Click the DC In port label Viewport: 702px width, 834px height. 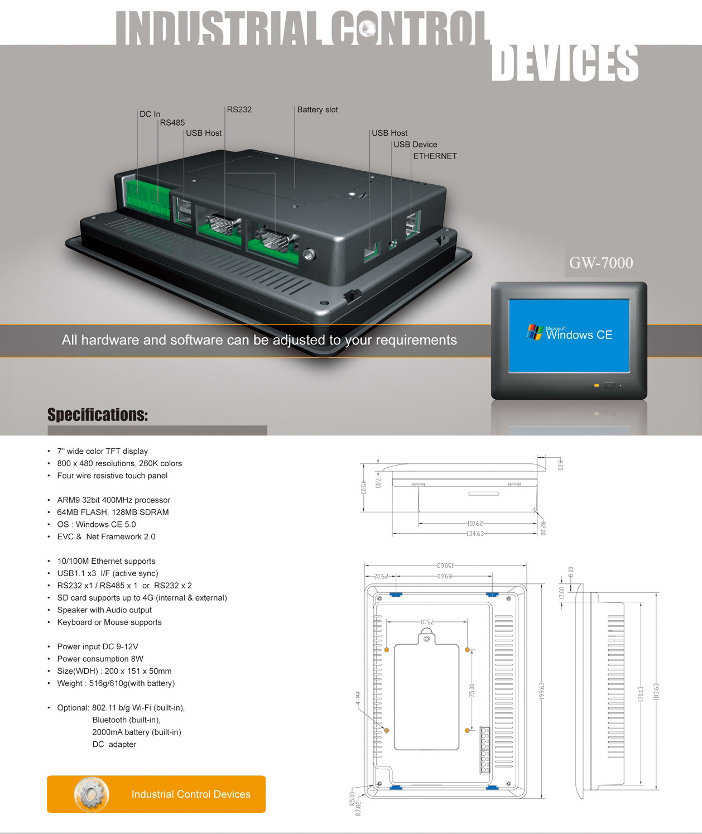coord(150,114)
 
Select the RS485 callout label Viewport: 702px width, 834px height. coord(172,123)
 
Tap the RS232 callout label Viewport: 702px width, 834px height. coord(239,109)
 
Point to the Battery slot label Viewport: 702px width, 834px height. coord(318,110)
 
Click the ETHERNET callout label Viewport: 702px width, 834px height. coord(435,156)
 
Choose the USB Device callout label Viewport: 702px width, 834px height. coord(416,145)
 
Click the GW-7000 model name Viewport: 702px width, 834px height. coord(601,262)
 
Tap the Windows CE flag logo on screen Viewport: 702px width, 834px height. coord(534,332)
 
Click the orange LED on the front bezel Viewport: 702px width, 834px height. coord(597,385)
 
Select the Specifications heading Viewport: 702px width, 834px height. coord(98,415)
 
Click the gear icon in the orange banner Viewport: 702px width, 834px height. coord(92,794)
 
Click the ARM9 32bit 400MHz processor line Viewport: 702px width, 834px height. coord(113,500)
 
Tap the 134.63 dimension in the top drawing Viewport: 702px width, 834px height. coord(475,534)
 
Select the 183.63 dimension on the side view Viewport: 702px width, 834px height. coord(656,693)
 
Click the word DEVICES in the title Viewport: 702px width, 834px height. coord(564,63)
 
